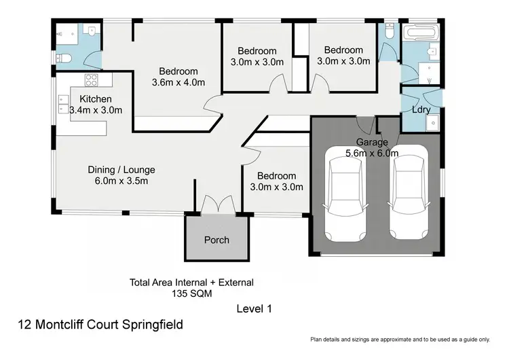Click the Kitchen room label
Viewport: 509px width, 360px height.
coord(95,99)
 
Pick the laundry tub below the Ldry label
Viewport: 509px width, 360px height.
coord(432,122)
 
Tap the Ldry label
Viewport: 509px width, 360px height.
coord(421,109)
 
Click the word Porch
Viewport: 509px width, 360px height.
coord(216,240)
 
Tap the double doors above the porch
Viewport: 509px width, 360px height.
coord(216,204)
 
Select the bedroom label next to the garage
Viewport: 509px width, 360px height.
coord(276,181)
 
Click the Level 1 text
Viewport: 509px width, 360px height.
coord(254,308)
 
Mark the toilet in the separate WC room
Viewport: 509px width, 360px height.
coord(389,32)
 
